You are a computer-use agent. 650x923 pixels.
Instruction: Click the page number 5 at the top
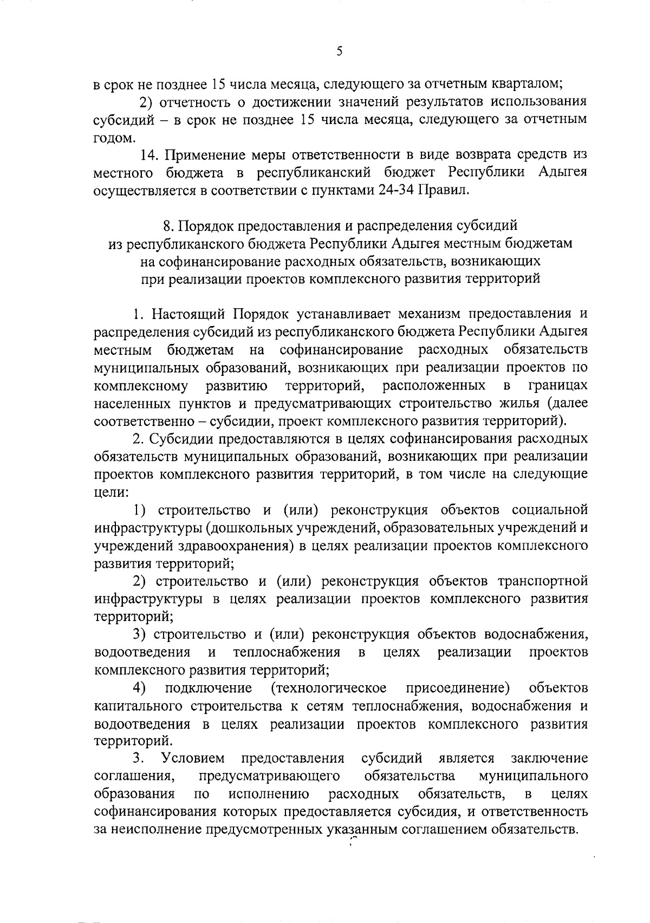[x=339, y=51]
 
